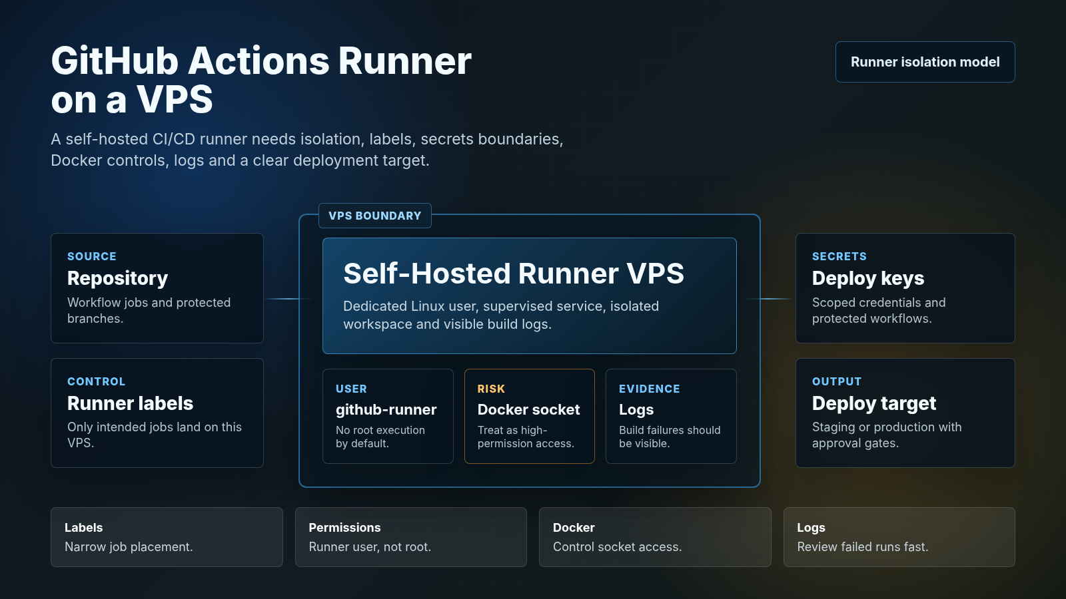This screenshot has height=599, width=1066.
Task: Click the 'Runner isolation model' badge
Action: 925,62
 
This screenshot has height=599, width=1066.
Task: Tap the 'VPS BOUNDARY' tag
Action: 375,216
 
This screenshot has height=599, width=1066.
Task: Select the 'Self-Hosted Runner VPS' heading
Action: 514,274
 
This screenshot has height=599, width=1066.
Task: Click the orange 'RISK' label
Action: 491,389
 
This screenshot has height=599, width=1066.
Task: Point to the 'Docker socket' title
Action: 529,409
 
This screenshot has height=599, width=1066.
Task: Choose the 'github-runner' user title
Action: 386,409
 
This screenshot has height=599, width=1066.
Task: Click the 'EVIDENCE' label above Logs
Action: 649,389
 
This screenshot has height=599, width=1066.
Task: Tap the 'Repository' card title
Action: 117,278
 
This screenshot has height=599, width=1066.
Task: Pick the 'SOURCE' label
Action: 92,256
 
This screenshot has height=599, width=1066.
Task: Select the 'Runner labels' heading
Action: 130,403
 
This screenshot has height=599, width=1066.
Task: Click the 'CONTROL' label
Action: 96,381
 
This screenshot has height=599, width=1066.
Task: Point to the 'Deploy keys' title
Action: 868,278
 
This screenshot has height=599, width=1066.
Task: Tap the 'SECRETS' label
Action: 839,256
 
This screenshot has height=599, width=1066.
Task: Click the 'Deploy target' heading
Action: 873,403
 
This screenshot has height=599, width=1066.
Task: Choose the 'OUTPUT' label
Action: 837,381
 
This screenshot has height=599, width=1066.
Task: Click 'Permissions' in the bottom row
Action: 344,528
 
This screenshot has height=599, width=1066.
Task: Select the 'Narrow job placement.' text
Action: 129,546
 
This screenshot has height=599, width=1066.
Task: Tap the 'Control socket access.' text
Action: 617,546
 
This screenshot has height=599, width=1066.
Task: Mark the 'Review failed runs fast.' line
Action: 862,546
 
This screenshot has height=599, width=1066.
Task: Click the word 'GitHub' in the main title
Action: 115,61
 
